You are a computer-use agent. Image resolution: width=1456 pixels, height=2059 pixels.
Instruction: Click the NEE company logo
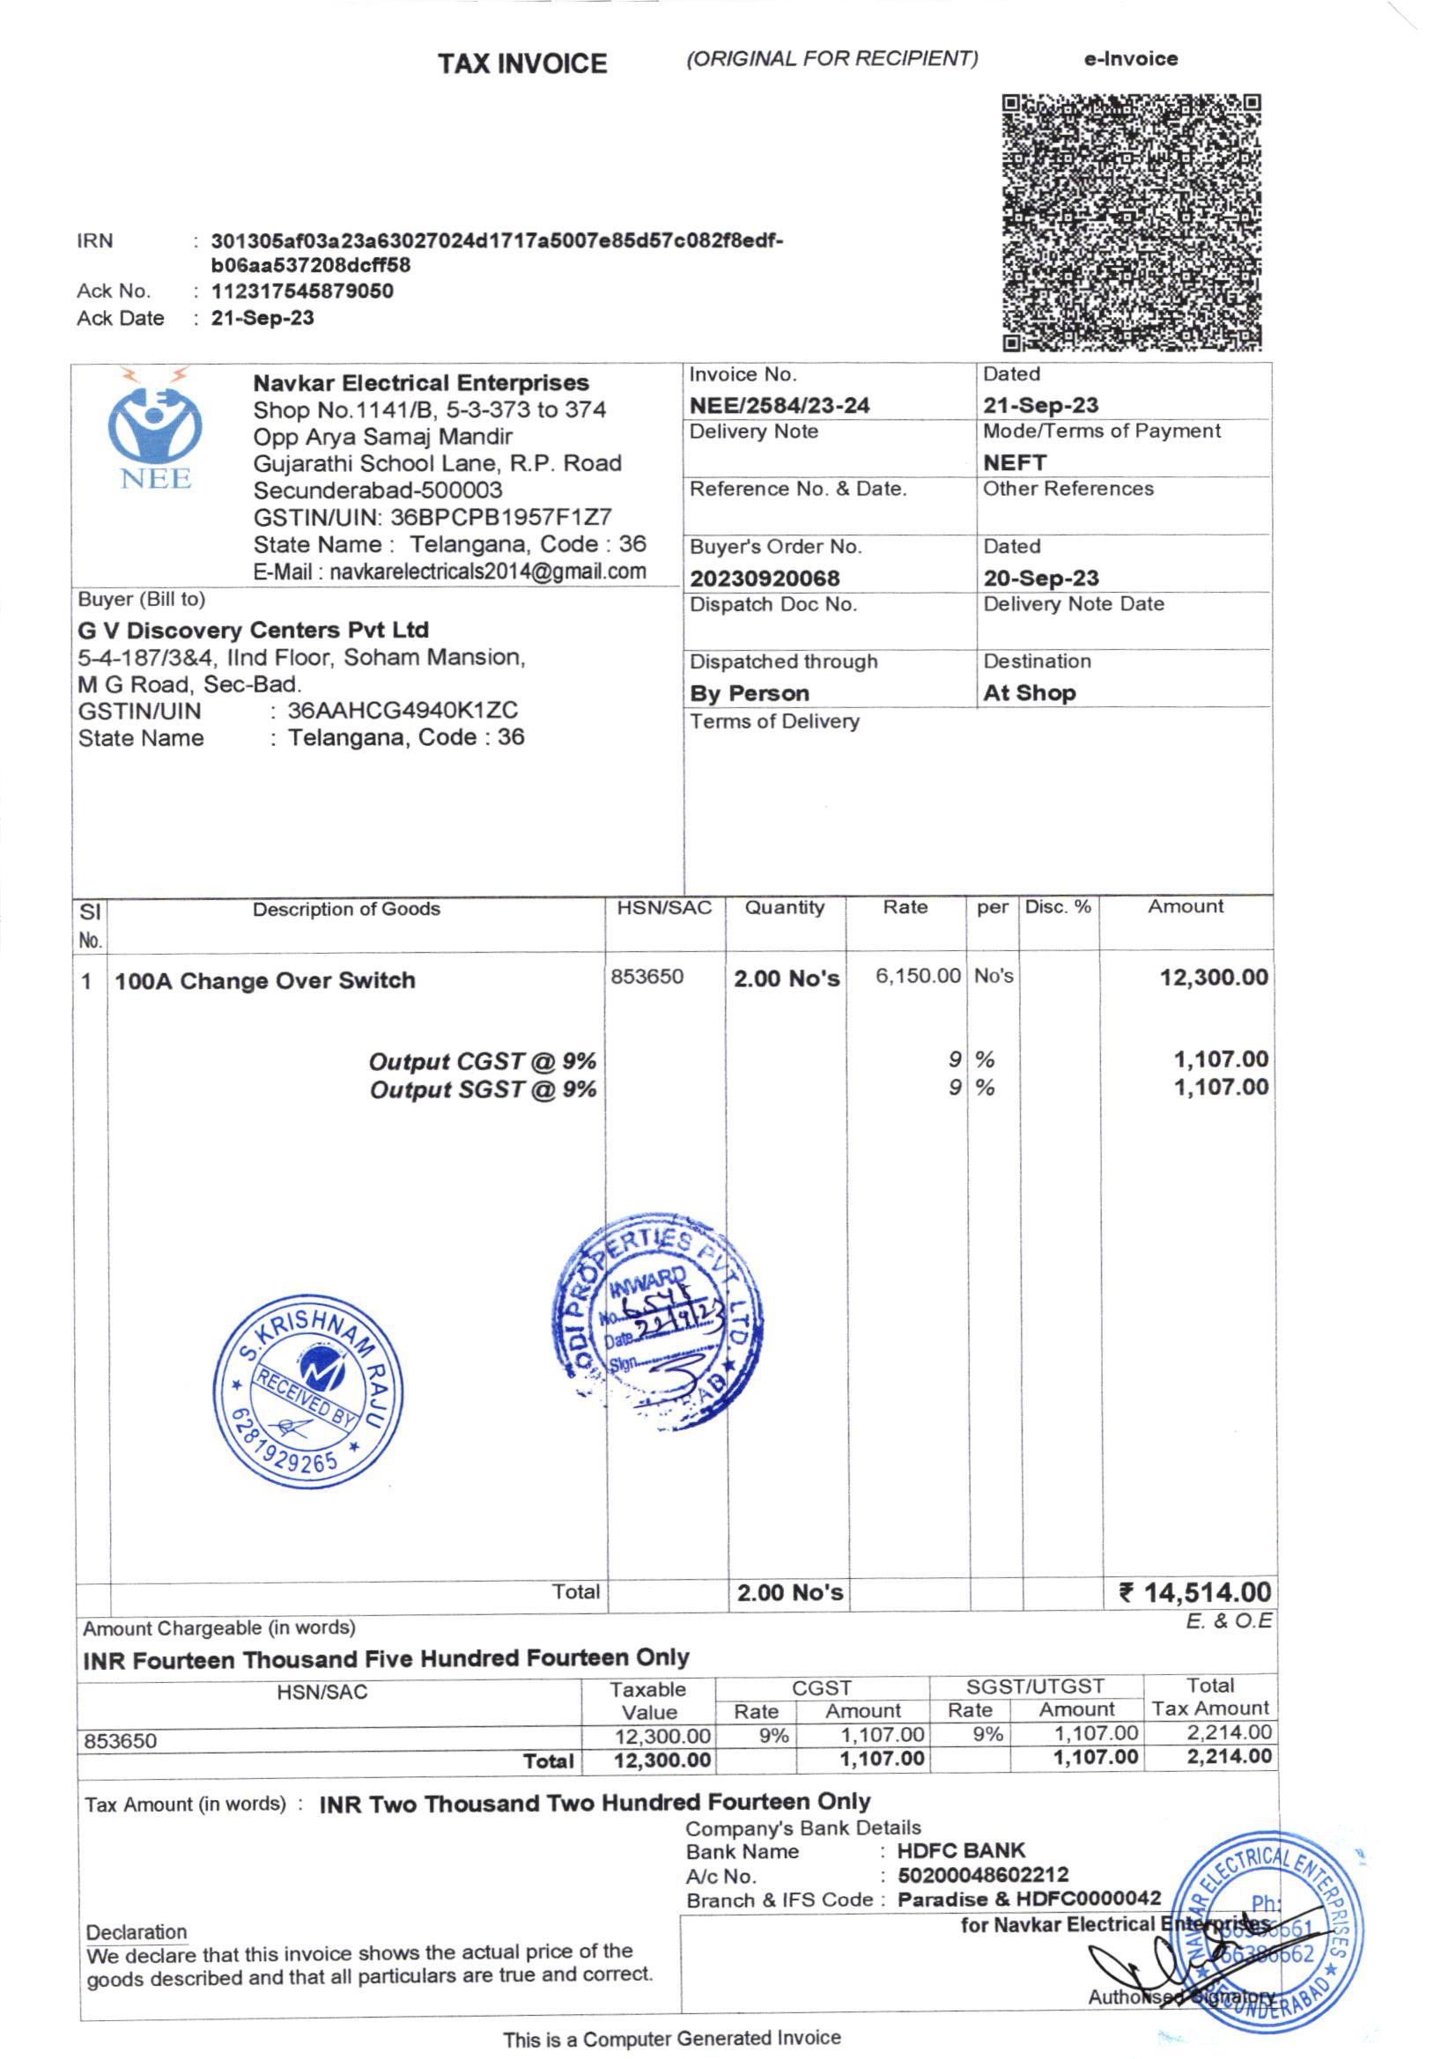click(x=155, y=431)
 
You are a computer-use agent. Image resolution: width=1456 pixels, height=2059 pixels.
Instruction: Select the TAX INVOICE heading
click(x=522, y=63)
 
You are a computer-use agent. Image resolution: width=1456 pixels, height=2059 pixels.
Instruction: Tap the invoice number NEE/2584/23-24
click(x=779, y=405)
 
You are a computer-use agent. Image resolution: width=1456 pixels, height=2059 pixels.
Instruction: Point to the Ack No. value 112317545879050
click(x=302, y=292)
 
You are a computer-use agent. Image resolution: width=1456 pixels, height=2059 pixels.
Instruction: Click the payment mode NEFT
click(x=1014, y=462)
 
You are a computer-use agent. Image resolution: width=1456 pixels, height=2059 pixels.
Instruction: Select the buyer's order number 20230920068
click(x=765, y=579)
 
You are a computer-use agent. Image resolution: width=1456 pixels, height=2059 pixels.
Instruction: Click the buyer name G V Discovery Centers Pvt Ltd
click(x=253, y=630)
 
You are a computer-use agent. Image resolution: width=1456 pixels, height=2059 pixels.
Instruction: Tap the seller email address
click(x=449, y=572)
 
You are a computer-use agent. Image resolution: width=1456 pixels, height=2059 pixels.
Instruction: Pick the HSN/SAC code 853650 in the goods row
click(x=647, y=977)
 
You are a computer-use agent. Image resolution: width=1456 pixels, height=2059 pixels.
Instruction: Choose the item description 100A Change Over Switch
click(x=264, y=980)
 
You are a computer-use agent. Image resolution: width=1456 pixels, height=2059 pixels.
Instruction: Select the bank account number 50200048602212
click(x=982, y=1874)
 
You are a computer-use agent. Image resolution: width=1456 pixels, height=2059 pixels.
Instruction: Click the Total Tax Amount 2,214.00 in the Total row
click(x=1228, y=1757)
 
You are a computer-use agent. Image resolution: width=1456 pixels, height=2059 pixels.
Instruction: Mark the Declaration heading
click(x=137, y=1931)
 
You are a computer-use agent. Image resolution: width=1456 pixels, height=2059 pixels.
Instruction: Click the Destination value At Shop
click(x=1029, y=693)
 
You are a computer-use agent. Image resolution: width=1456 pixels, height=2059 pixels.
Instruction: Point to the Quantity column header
click(x=784, y=908)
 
